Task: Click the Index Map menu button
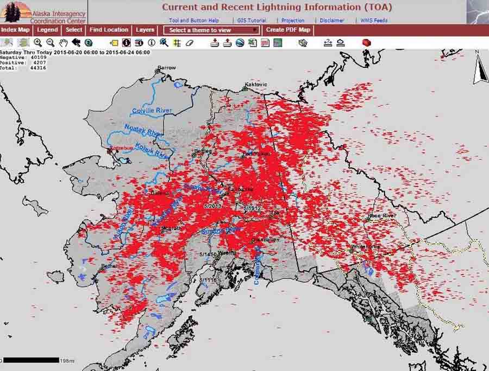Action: (x=16, y=30)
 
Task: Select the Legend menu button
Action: (x=48, y=30)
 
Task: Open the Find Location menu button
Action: (x=109, y=30)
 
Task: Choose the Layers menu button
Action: (x=145, y=30)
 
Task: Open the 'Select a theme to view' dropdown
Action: (x=212, y=30)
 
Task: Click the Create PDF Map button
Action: (x=289, y=30)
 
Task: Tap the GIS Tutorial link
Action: (x=252, y=20)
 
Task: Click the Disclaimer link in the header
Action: (x=331, y=20)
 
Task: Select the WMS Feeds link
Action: (x=374, y=20)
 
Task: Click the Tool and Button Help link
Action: (x=194, y=20)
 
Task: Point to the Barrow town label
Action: (x=167, y=68)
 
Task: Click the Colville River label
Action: (x=151, y=111)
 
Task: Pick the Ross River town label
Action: (x=381, y=215)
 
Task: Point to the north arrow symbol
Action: (x=480, y=70)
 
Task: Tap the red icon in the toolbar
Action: (x=366, y=42)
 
